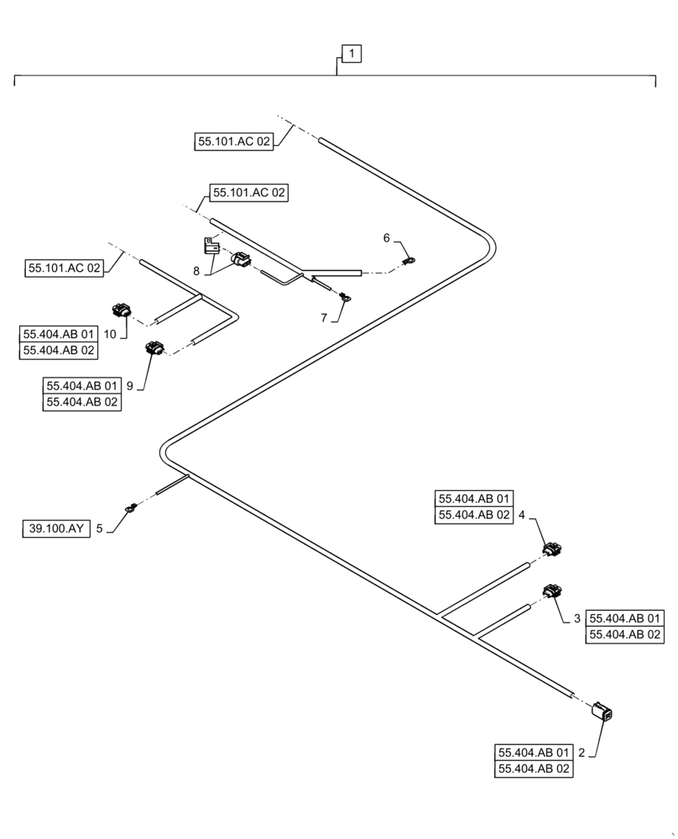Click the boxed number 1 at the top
(x=352, y=55)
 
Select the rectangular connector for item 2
(x=602, y=711)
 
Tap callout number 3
(x=576, y=618)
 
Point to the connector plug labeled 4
(x=551, y=550)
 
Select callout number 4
(x=522, y=515)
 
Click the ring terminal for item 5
(x=131, y=507)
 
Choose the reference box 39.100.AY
(x=55, y=529)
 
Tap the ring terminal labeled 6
(x=409, y=260)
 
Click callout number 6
(x=387, y=238)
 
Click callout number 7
(x=324, y=318)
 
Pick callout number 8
(x=196, y=271)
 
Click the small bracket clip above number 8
(x=211, y=246)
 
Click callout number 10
(x=110, y=333)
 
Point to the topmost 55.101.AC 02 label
(x=234, y=143)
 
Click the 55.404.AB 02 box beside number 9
(x=82, y=403)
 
